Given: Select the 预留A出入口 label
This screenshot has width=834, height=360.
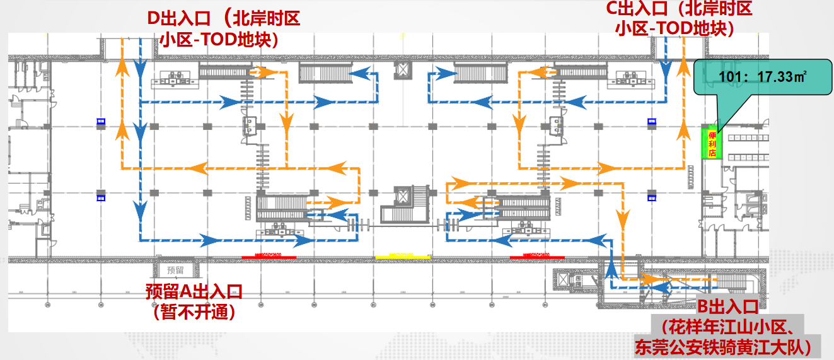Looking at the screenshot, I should click(x=194, y=291).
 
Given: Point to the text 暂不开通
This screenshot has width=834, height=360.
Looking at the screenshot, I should click(x=194, y=311).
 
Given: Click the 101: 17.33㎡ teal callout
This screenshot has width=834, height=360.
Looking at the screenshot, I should click(x=763, y=78).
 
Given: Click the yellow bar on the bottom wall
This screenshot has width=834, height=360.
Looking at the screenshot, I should click(x=403, y=257).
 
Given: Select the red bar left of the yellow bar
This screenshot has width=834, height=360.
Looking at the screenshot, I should click(x=269, y=257).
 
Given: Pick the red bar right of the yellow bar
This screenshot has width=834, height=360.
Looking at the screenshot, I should click(x=536, y=257).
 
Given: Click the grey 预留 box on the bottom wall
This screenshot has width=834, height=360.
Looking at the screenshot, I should click(x=176, y=269).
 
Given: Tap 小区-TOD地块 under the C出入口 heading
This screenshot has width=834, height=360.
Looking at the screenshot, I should click(x=674, y=28).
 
